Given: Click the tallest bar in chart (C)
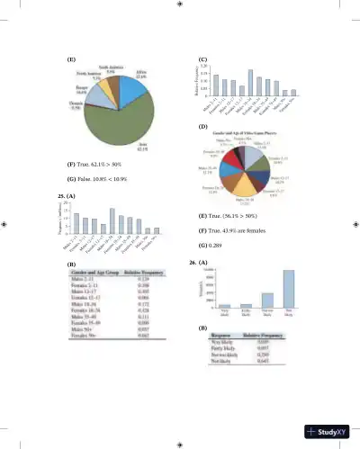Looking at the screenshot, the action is coord(250,83).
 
